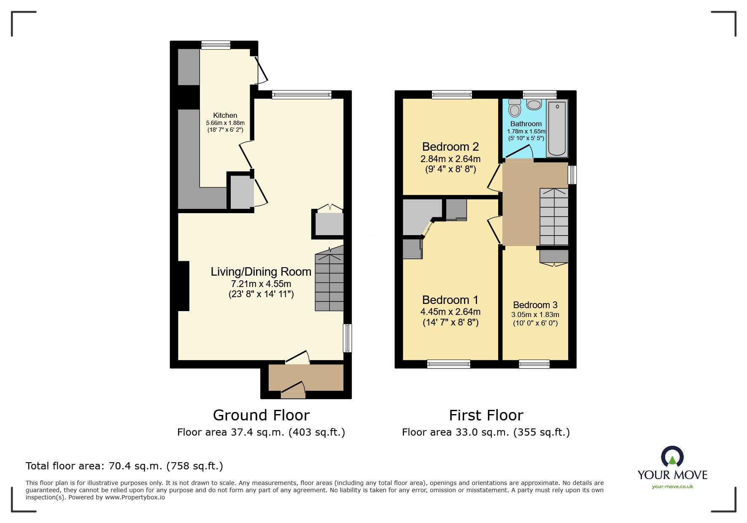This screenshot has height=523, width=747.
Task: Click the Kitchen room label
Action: point(225,115)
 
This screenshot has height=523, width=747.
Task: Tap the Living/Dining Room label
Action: point(261,272)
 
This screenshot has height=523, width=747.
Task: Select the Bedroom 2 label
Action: point(450,147)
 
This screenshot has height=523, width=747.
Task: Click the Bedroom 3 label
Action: point(535,305)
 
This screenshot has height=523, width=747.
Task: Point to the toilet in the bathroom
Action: point(515,108)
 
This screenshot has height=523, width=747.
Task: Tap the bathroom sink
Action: point(534,104)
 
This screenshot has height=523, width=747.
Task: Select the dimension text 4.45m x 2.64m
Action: point(450,312)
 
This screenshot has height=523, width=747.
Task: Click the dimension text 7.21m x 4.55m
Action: point(261,284)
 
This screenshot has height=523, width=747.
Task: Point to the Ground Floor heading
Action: point(261,415)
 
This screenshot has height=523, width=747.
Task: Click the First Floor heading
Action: point(485,415)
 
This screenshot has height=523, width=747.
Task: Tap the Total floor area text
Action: point(124,466)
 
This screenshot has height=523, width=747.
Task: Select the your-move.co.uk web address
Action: point(672,486)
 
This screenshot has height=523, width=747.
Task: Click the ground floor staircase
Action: point(329,281)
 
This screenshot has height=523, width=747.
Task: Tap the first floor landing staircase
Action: point(554,217)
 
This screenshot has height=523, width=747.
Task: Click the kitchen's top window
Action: point(216,45)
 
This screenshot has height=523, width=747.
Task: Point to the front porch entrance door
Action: point(293,391)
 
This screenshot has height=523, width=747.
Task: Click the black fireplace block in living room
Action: point(183,286)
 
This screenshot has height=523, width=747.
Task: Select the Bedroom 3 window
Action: point(534,364)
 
